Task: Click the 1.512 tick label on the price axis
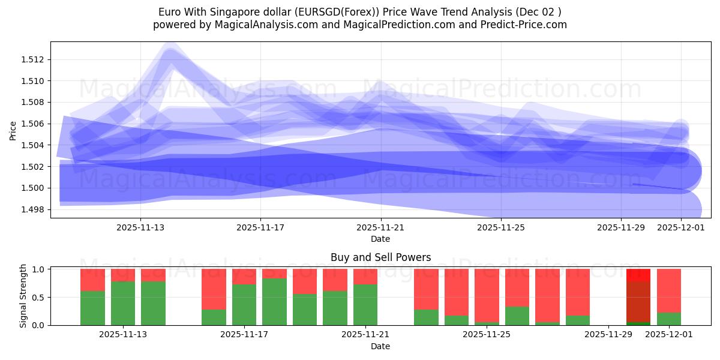[34, 59]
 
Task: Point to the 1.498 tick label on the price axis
[34, 209]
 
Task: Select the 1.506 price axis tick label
[34, 124]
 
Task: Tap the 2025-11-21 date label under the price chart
[380, 228]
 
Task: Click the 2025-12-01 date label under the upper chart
[681, 228]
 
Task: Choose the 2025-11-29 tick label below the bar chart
[608, 335]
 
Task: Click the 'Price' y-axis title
[13, 130]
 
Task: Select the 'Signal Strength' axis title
[24, 296]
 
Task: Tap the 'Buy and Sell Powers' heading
[380, 257]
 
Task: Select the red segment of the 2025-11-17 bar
[244, 276]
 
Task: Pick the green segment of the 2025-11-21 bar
[365, 304]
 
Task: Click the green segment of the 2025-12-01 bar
[669, 319]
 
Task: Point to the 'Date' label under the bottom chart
[380, 346]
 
